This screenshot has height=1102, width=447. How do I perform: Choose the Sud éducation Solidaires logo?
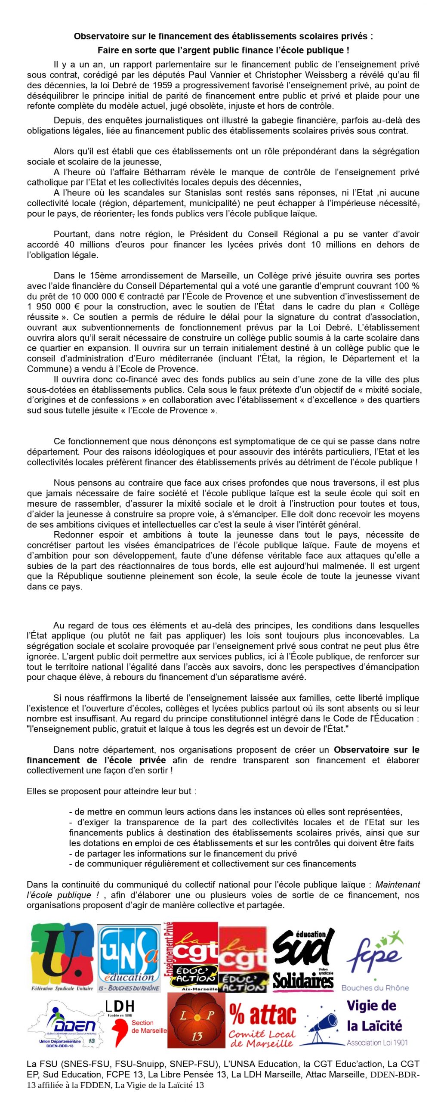pos(303,958)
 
